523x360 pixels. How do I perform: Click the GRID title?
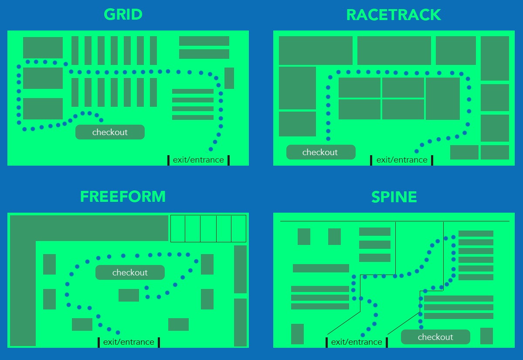pos(123,14)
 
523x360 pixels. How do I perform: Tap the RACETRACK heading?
pos(394,15)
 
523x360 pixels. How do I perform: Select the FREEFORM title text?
pos(123,197)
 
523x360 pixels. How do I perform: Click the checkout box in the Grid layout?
pos(110,132)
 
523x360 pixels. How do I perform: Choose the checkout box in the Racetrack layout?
pos(320,152)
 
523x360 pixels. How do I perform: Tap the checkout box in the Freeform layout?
pos(130,272)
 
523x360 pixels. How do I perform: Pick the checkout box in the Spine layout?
pos(435,337)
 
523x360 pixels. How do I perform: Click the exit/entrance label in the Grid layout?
pos(198,160)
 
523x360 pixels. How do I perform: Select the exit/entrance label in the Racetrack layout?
pos(402,160)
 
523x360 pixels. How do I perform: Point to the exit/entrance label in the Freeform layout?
pos(129,342)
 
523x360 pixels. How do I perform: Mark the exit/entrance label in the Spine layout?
pos(357,342)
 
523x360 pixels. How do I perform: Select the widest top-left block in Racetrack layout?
pos(316,51)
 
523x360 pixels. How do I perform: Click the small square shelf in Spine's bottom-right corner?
pos(486,336)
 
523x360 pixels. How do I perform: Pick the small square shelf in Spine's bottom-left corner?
pos(297,334)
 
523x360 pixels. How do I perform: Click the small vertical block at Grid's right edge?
pos(229,78)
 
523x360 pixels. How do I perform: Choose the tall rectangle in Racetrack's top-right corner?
pos(495,58)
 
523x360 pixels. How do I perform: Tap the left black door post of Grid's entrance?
pos(169,160)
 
